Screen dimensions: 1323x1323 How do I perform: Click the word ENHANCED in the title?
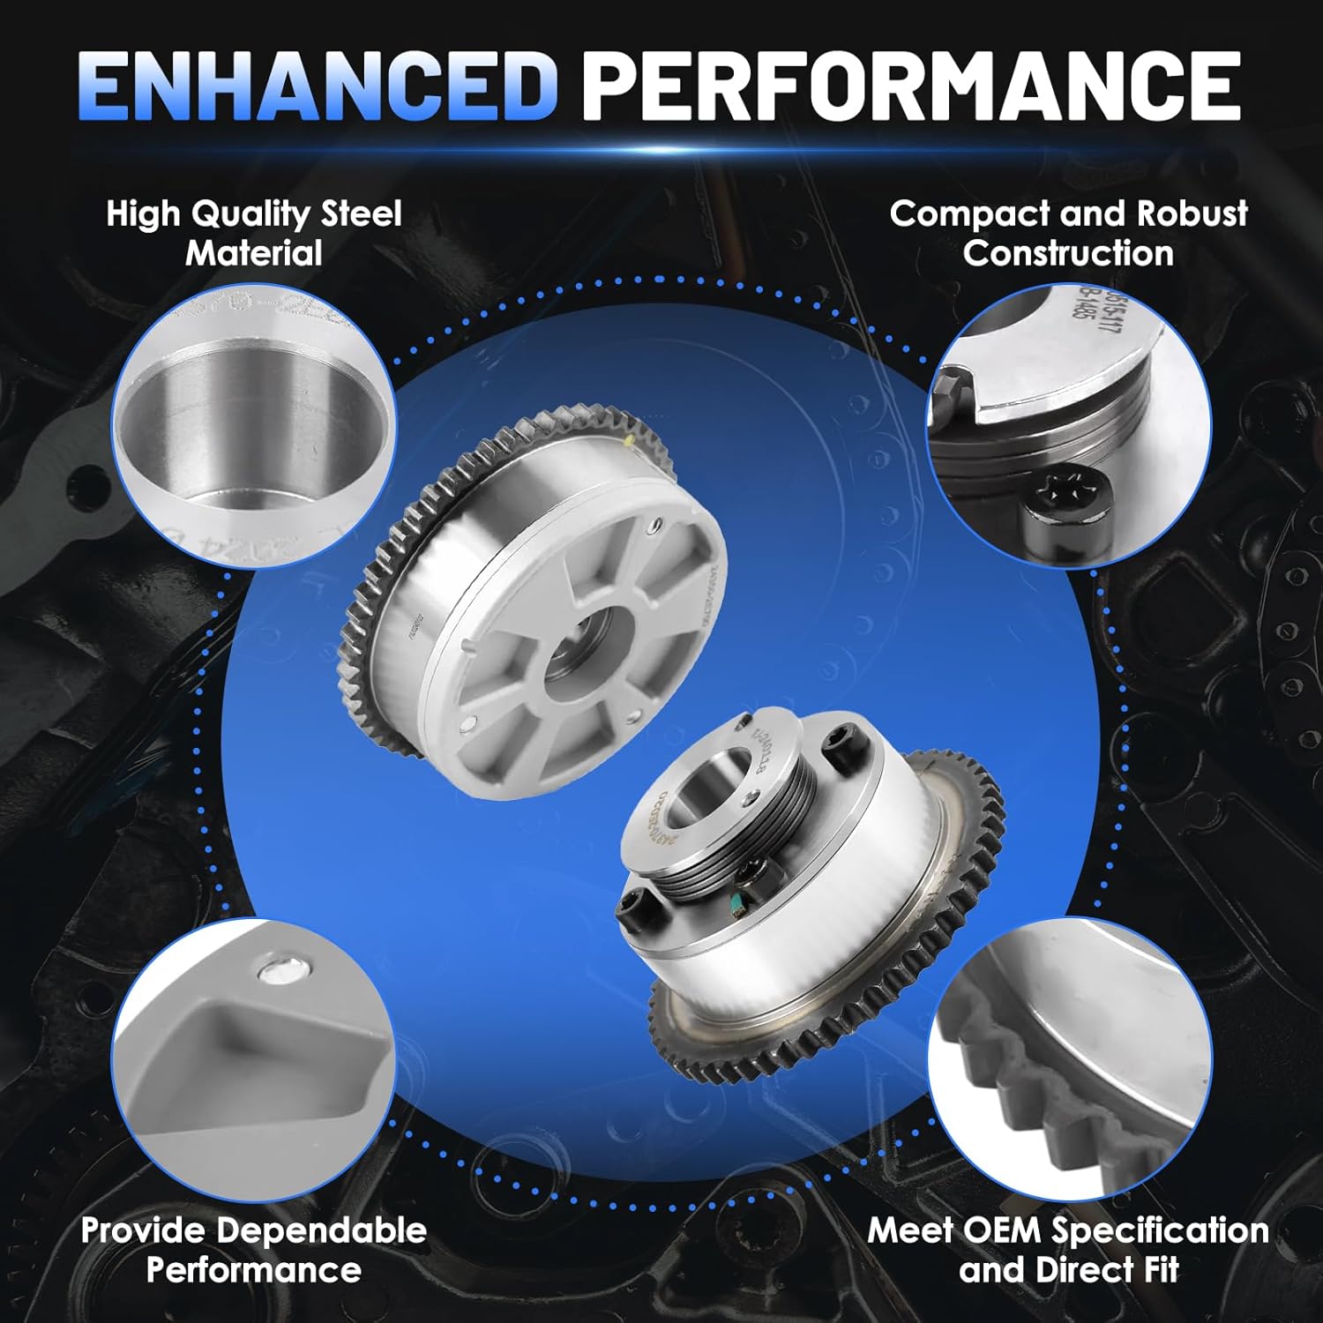tap(318, 86)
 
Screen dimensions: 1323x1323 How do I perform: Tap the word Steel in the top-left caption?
tap(361, 214)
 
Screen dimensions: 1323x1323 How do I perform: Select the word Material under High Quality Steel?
tap(254, 254)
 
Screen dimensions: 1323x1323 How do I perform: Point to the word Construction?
tap(1068, 254)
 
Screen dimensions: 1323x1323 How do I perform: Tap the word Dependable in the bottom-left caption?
tap(322, 1230)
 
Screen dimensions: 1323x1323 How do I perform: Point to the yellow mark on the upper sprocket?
tap(628, 437)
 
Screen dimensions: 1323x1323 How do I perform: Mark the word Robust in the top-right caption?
tap(1192, 214)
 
